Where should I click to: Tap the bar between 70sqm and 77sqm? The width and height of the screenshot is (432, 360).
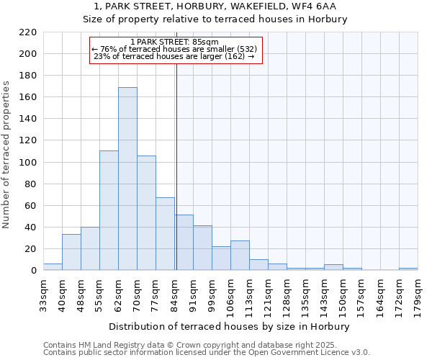(x=146, y=212)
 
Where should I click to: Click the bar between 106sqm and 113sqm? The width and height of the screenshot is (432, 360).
(x=240, y=256)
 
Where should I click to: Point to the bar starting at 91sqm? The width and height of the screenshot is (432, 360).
(x=202, y=248)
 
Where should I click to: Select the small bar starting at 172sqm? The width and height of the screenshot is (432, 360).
(x=408, y=269)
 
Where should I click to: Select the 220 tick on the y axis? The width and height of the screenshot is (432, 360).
(x=28, y=32)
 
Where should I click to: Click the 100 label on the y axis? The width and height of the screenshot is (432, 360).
(x=28, y=163)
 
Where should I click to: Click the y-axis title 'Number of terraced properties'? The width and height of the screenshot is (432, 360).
(x=7, y=155)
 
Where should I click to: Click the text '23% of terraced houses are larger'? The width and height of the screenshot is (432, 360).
(x=174, y=56)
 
